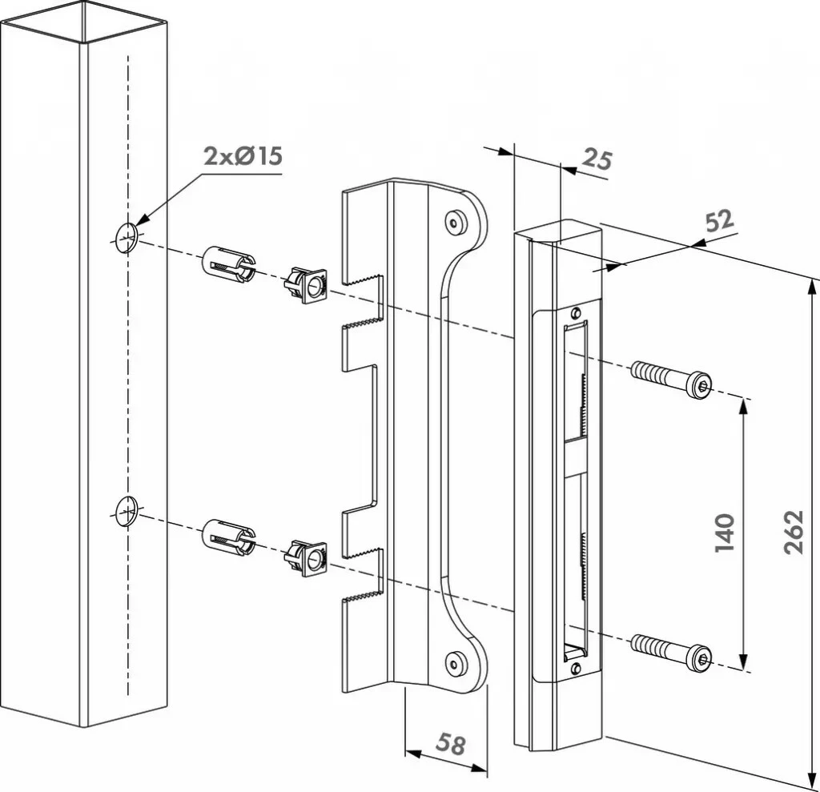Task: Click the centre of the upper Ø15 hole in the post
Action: pyautogui.click(x=126, y=238)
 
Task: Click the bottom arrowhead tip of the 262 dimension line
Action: pyautogui.click(x=812, y=788)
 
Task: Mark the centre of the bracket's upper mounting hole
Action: pyautogui.click(x=454, y=223)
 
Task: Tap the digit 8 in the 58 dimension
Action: pyautogui.click(x=457, y=746)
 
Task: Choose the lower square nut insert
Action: pyautogui.click(x=306, y=558)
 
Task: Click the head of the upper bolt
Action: pyautogui.click(x=698, y=385)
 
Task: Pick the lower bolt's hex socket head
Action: pyautogui.click(x=698, y=656)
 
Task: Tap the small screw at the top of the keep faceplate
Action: pyautogui.click(x=576, y=313)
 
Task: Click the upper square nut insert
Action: pyautogui.click(x=306, y=285)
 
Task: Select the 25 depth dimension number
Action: pyautogui.click(x=597, y=159)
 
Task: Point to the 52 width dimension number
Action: pyautogui.click(x=720, y=221)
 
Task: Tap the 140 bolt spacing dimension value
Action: pyautogui.click(x=725, y=533)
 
